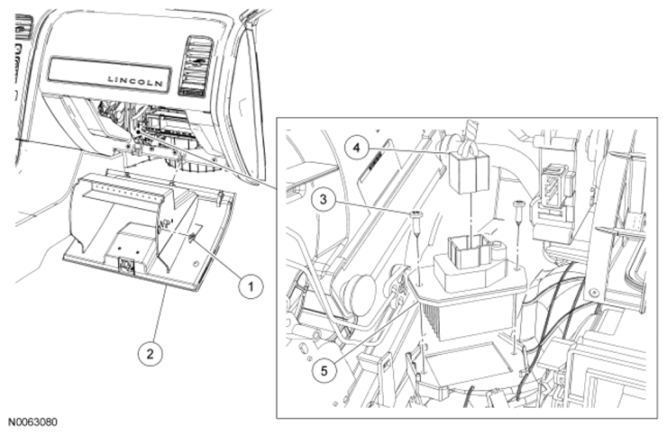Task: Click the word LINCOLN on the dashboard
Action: point(135,80)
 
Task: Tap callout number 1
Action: point(250,286)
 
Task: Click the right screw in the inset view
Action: point(520,208)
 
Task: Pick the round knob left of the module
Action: point(361,292)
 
